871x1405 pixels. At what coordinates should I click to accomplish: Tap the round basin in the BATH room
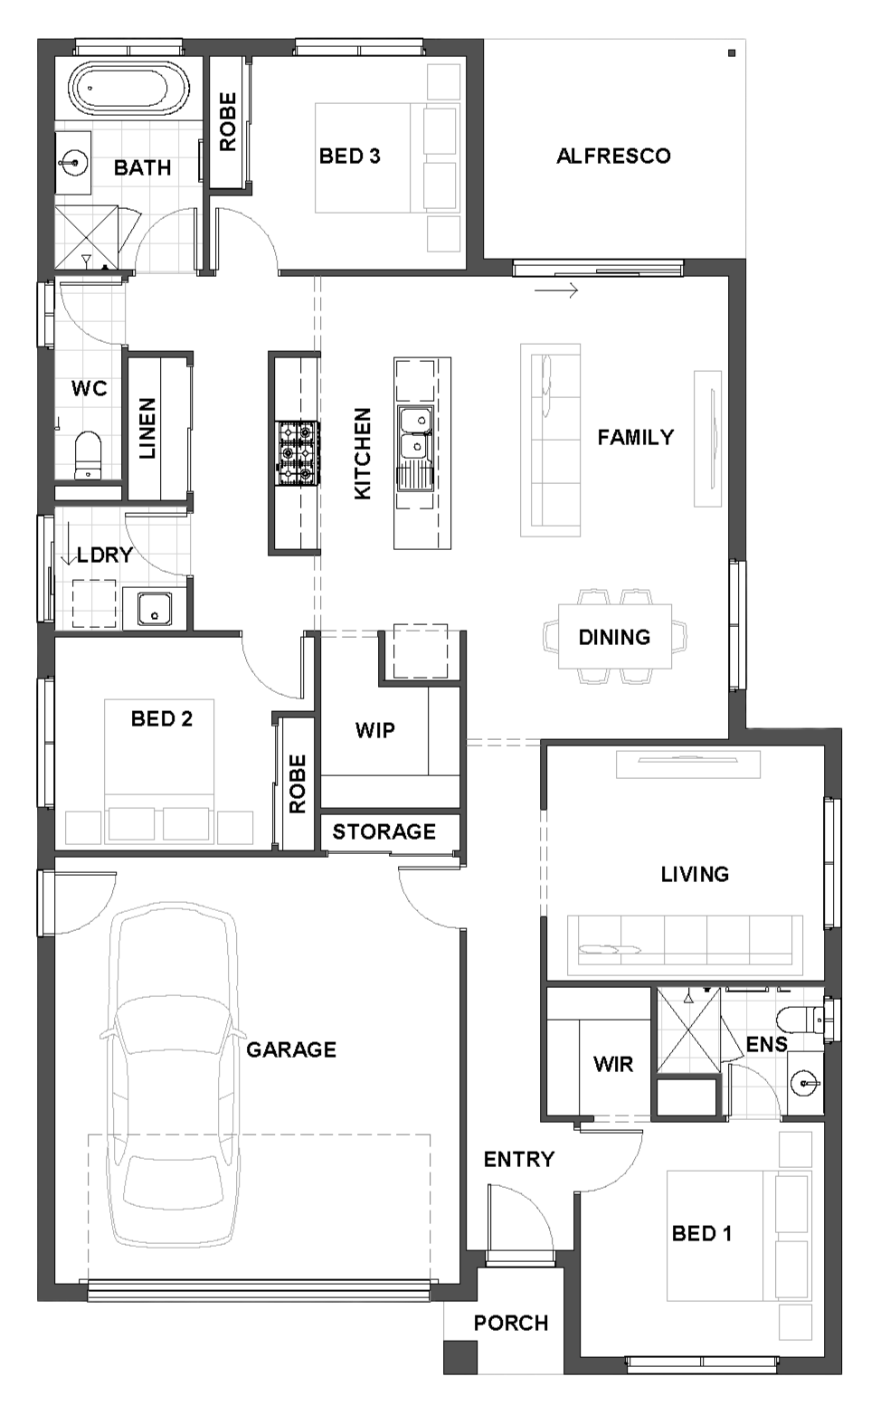point(73,163)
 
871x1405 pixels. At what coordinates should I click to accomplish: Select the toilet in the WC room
point(88,454)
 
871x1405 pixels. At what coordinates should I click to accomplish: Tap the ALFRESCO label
point(613,156)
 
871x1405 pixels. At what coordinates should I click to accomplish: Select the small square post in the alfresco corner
point(731,53)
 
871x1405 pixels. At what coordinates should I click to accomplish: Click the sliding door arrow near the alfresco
point(555,290)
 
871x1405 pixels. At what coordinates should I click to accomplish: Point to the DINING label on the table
point(614,637)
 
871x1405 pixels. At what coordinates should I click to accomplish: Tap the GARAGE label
point(291,1049)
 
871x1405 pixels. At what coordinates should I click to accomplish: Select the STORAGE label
point(383,831)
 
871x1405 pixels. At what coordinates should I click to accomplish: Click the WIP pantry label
point(375,729)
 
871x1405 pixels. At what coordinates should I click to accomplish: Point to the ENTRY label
point(519,1159)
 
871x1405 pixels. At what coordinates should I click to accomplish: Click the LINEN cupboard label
point(147,428)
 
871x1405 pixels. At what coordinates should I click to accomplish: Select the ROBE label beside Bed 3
point(228,122)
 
